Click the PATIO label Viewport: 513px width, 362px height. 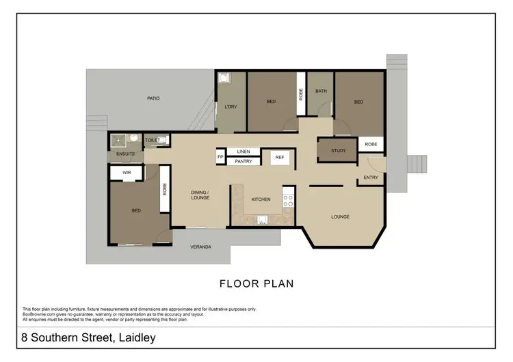click(153, 98)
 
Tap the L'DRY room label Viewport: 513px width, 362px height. click(230, 106)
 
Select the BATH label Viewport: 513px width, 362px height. click(320, 91)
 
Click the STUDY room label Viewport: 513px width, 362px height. click(338, 150)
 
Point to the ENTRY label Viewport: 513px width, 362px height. click(371, 178)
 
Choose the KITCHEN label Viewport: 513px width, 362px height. click(261, 199)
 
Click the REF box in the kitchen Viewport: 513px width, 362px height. click(279, 158)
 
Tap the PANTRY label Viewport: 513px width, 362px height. click(244, 162)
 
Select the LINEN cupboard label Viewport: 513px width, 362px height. click(244, 151)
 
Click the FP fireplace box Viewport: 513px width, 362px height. click(220, 157)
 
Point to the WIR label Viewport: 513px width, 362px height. click(127, 173)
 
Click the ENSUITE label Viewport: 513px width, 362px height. click(126, 154)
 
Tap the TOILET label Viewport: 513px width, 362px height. click(152, 140)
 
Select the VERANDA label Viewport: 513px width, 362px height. click(200, 247)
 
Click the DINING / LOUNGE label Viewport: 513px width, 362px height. click(200, 195)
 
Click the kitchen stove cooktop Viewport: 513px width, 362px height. click(289, 200)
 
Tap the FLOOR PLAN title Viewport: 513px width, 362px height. click(256, 283)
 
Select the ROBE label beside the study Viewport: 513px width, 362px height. click(371, 144)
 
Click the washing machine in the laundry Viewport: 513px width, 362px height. click(223, 79)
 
